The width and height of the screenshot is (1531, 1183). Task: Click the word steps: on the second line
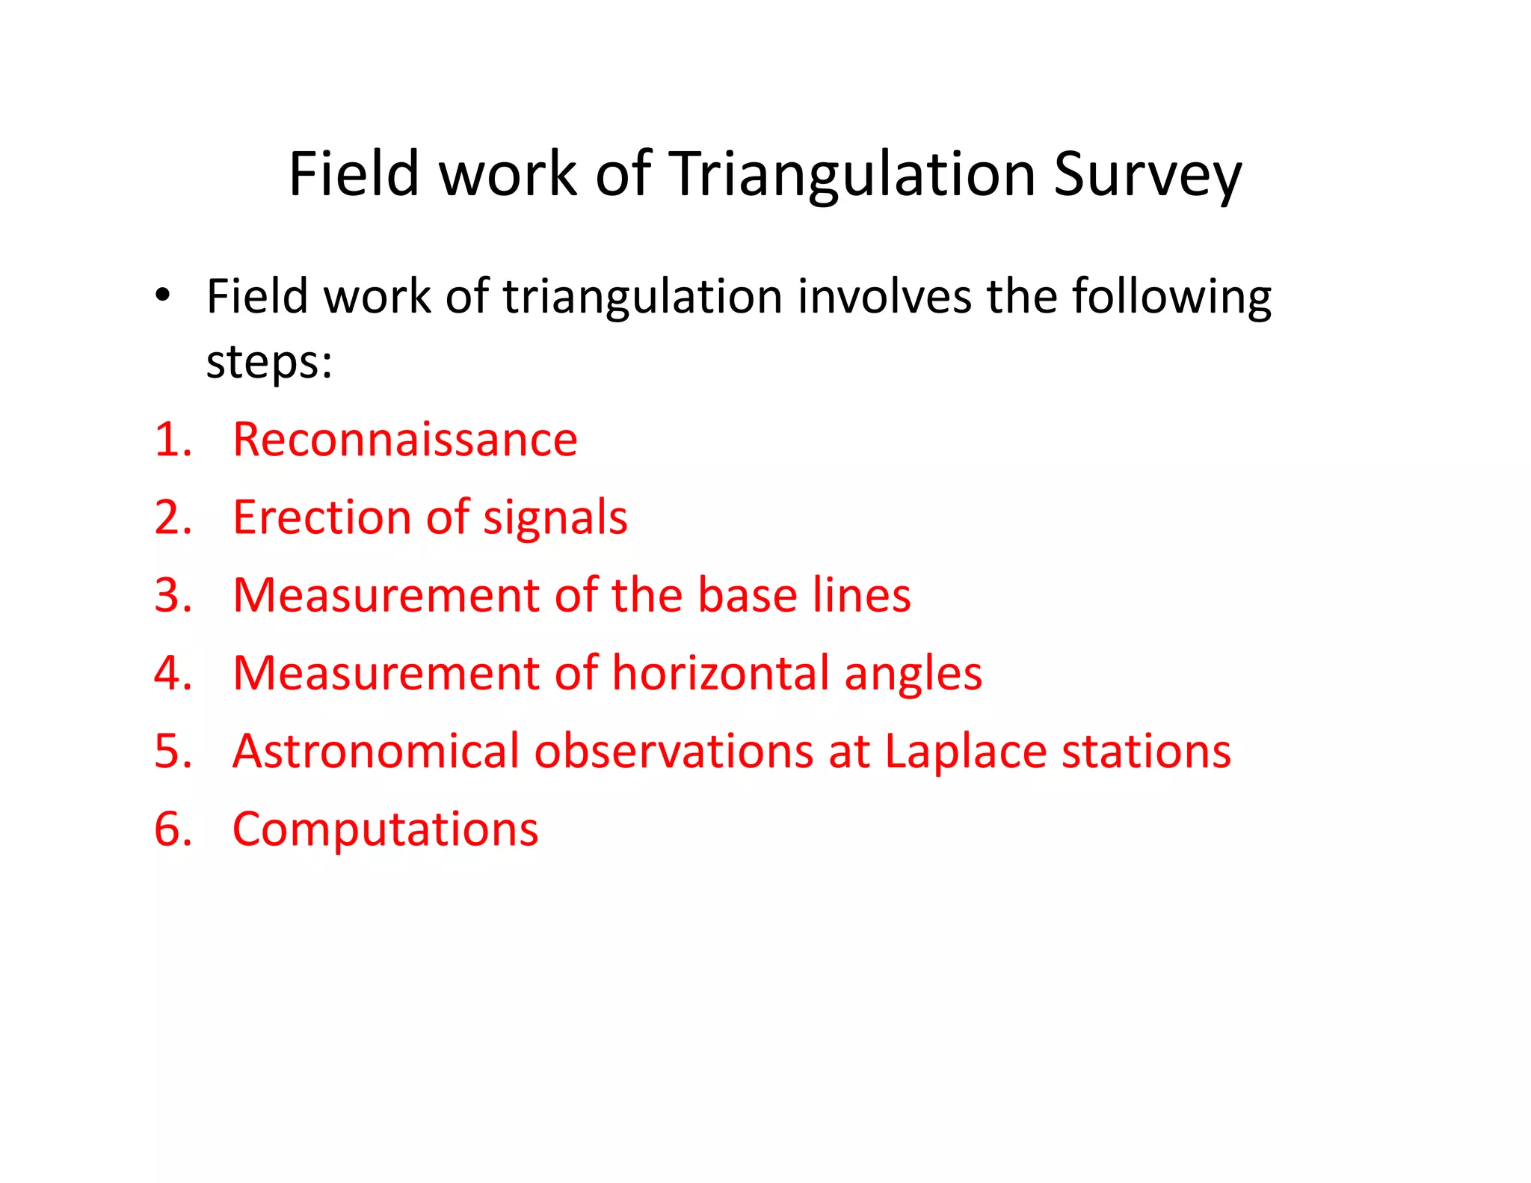(x=268, y=363)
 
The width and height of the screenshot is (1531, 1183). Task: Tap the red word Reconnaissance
(x=404, y=439)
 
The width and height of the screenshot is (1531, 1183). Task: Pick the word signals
(x=555, y=518)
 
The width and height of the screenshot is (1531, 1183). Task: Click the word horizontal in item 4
(x=721, y=673)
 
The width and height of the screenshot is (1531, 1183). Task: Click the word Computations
(x=385, y=830)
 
